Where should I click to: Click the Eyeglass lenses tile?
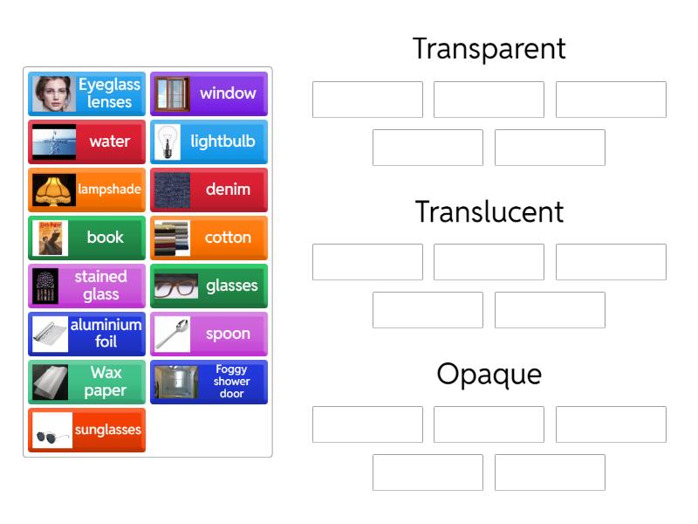(86, 94)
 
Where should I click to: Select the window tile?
(209, 94)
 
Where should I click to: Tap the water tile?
(86, 142)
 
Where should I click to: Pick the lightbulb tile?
(209, 142)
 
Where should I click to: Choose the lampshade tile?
(86, 190)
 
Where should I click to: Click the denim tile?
(209, 190)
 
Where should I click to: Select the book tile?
(86, 238)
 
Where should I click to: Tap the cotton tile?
(209, 238)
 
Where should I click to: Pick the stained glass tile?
(86, 286)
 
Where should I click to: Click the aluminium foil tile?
(86, 334)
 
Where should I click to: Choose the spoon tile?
(209, 334)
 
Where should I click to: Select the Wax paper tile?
(86, 383)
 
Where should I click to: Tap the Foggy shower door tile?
(209, 383)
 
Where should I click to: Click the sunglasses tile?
(86, 431)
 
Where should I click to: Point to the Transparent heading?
(489, 49)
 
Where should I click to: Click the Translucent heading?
(489, 211)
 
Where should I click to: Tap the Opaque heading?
(489, 375)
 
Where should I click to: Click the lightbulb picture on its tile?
(172, 142)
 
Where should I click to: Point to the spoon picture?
(172, 334)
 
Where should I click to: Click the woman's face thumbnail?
(52, 94)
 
